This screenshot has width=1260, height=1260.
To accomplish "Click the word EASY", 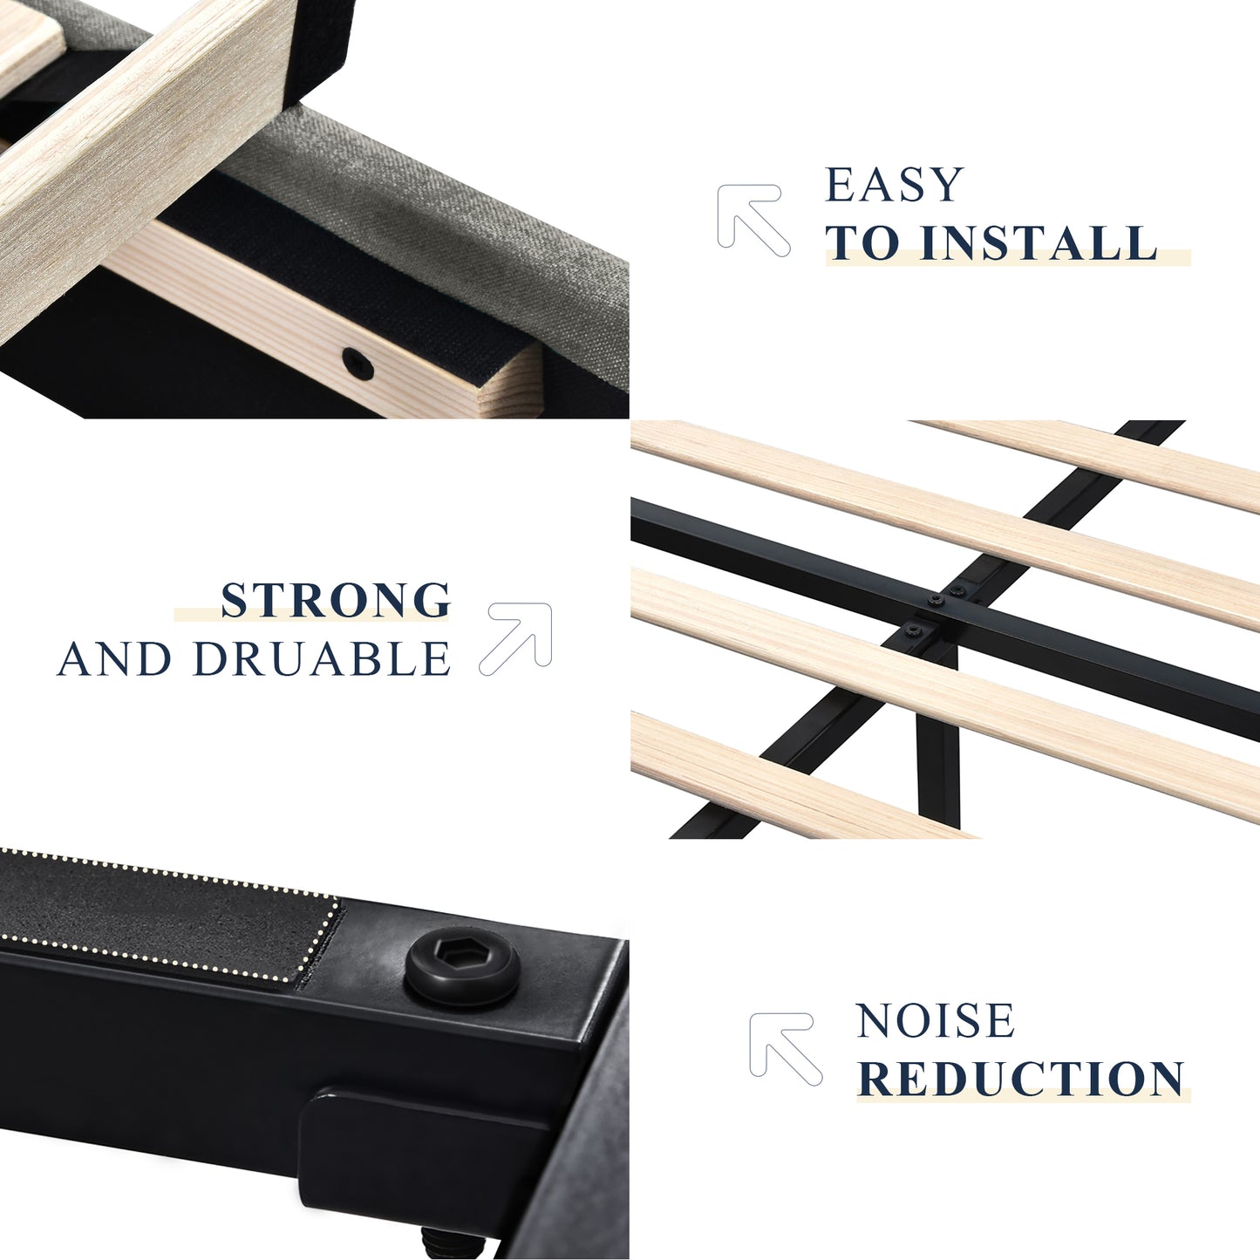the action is click(894, 184).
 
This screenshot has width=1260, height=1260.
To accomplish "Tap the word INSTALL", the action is click(1039, 242).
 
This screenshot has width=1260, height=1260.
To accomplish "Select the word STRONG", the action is click(336, 600).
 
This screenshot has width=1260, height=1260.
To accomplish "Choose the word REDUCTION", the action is click(1021, 1079).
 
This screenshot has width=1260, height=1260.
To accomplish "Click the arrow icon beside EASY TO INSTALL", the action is click(753, 220).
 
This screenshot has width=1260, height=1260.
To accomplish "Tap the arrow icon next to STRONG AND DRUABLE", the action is click(516, 638).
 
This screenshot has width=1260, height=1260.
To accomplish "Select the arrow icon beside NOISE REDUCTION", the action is click(785, 1049).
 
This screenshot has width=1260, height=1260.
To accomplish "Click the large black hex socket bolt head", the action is click(462, 966).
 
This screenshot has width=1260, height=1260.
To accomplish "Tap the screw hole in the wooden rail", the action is click(358, 364).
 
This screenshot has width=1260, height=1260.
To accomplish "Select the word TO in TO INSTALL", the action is click(864, 242).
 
